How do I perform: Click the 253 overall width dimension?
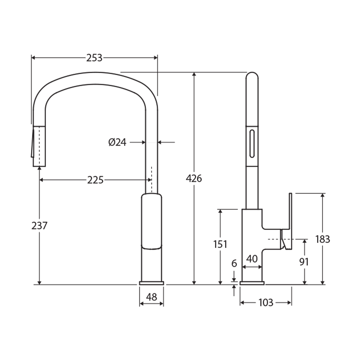click(x=94, y=58)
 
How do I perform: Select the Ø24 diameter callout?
click(x=117, y=143)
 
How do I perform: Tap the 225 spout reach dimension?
click(x=95, y=180)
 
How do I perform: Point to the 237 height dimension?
click(x=39, y=226)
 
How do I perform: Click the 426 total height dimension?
click(x=194, y=179)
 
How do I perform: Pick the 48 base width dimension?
click(x=151, y=297)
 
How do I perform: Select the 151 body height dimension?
click(x=220, y=244)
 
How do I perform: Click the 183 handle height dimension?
click(x=322, y=239)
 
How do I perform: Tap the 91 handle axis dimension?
click(x=304, y=262)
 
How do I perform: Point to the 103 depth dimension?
click(x=266, y=303)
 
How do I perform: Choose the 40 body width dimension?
click(x=252, y=259)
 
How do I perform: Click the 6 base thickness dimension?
click(x=234, y=263)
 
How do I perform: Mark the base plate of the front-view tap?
click(x=151, y=283)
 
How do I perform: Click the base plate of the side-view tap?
click(x=252, y=283)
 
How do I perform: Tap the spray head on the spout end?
click(x=38, y=146)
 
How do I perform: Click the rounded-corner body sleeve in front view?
click(x=152, y=221)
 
